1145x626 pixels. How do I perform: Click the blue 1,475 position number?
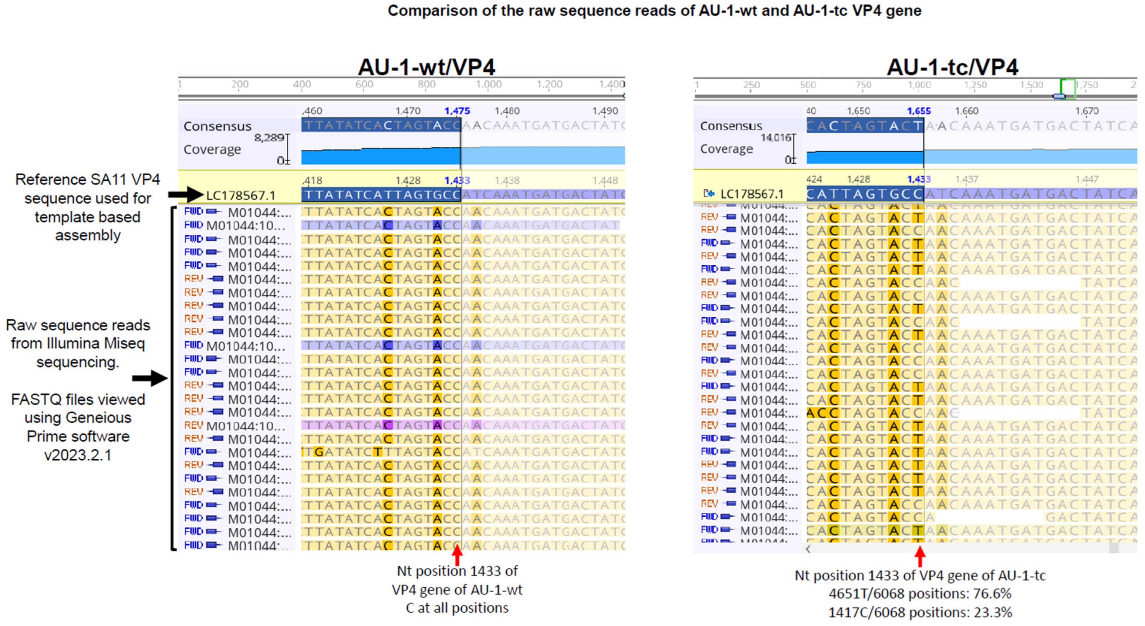tap(457, 111)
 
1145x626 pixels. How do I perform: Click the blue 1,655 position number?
tap(918, 111)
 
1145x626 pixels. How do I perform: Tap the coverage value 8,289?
tap(269, 138)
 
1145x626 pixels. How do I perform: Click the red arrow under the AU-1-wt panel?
tap(457, 555)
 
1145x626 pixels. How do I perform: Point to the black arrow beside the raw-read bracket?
tap(149, 378)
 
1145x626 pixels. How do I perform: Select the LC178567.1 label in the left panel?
tap(241, 195)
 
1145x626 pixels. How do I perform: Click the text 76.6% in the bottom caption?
tap(992, 594)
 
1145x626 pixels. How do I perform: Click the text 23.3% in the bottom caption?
tap(992, 612)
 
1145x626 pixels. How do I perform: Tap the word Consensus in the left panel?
tap(217, 126)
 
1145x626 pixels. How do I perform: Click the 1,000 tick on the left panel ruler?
tap(488, 84)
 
